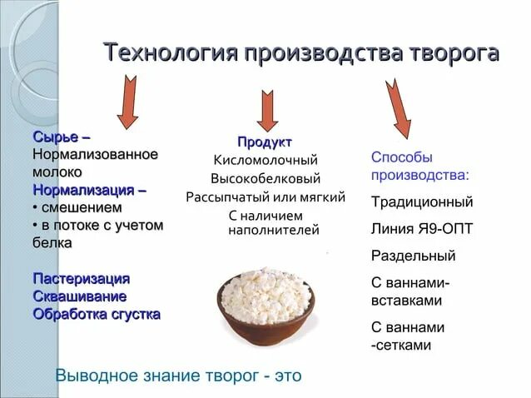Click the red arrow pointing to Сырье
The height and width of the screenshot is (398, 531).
(127, 102)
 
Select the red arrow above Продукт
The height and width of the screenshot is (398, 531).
(267, 110)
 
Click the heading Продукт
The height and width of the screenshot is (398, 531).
(265, 142)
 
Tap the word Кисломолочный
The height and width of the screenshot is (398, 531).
(265, 160)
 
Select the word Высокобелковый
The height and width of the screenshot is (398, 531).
(265, 178)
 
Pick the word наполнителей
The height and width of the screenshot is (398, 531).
(274, 230)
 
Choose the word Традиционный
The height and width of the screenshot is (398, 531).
(422, 201)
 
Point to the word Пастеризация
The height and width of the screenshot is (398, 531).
(82, 278)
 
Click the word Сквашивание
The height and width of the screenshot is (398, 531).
(80, 296)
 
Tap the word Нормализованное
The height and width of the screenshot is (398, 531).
(96, 154)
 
